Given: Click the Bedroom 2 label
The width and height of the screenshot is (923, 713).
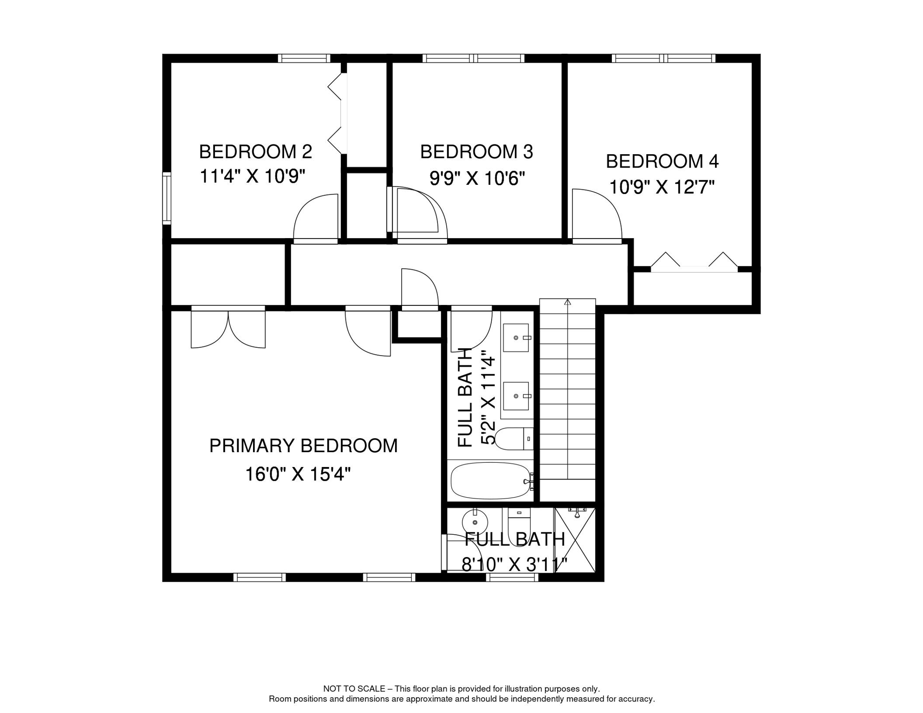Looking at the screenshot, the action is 255,152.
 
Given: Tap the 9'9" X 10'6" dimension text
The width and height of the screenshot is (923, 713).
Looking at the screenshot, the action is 477,178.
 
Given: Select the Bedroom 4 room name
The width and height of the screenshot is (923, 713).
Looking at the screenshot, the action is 662,162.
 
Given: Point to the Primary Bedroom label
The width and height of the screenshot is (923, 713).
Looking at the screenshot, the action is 303,446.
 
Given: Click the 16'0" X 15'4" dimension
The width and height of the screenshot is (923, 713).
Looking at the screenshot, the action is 298,474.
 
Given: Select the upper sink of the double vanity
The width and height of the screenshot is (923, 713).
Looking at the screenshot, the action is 516,337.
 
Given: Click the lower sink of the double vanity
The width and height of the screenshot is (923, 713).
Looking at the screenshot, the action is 516,396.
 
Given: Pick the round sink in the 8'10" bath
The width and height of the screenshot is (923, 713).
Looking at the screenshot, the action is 475,523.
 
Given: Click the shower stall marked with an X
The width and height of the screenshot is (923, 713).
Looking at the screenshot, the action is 575,540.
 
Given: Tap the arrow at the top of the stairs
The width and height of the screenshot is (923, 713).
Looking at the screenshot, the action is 567,302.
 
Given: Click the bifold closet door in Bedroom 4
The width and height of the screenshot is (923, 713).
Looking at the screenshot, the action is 694,262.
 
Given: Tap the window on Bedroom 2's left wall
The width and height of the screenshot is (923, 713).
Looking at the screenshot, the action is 167,199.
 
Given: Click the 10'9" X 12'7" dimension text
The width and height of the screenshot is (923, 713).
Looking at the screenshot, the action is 662,188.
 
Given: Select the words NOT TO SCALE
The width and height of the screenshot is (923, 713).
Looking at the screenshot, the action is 354,689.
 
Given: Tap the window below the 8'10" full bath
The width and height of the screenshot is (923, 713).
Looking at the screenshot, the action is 512,577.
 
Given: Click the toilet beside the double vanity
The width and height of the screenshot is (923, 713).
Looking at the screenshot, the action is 514,439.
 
